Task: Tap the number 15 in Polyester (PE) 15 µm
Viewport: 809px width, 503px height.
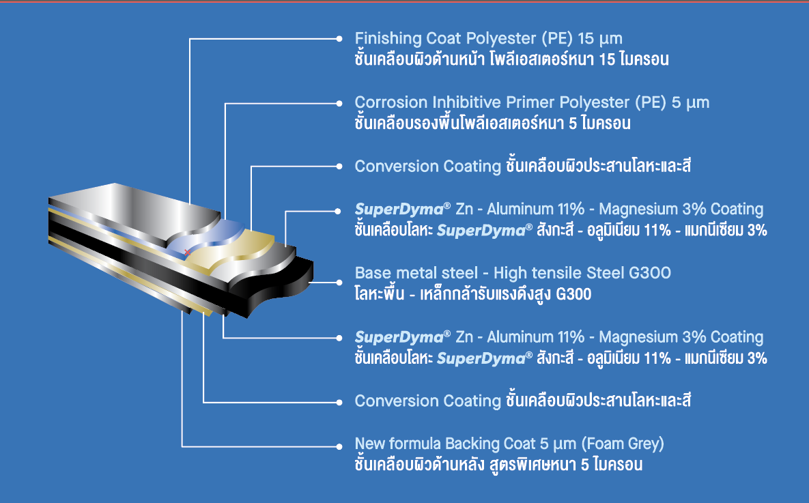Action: tap(586, 38)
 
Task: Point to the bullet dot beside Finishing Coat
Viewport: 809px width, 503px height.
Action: tap(339, 39)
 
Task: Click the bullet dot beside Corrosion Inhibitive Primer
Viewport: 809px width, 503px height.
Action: tap(339, 103)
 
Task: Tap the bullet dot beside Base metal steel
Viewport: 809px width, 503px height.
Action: tap(339, 282)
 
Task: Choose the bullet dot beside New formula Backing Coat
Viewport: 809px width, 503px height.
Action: tap(339, 446)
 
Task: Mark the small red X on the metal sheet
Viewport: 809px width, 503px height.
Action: tap(187, 253)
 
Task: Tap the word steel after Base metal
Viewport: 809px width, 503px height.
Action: tap(459, 272)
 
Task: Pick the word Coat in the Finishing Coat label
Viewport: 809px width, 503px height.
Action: tap(443, 38)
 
